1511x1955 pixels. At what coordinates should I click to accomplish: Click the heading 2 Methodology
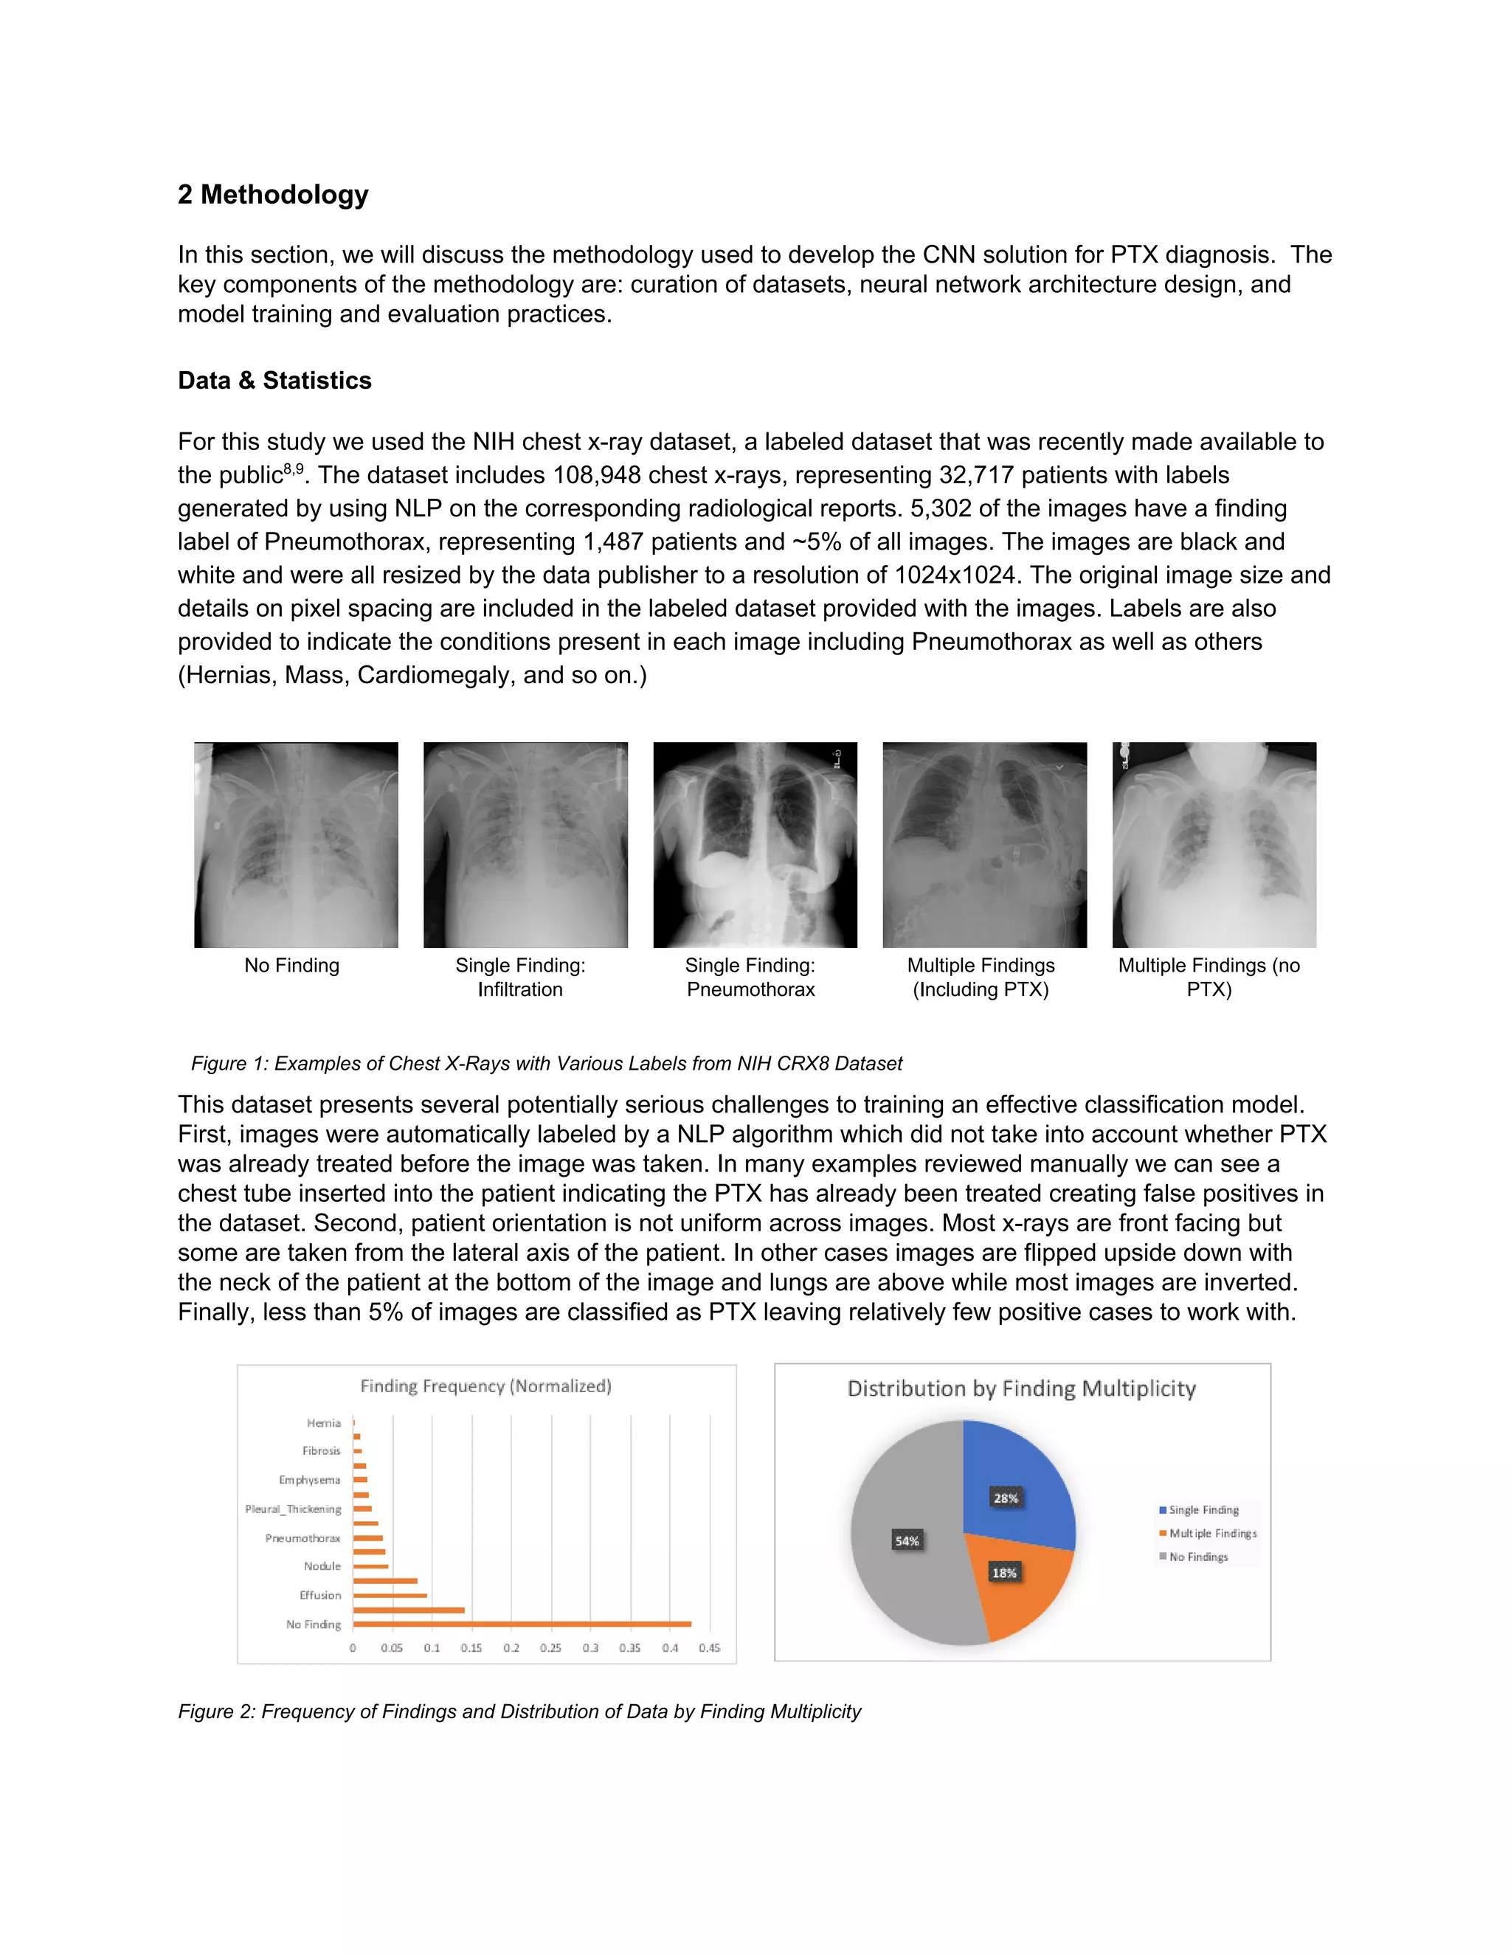273,194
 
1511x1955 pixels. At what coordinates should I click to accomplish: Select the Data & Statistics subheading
274,381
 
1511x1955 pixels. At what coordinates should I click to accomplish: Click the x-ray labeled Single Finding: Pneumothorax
755,844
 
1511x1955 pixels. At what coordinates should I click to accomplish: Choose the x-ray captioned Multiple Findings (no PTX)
1214,844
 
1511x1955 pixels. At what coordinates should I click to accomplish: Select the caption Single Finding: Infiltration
520,977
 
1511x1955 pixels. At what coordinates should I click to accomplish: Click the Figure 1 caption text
546,1063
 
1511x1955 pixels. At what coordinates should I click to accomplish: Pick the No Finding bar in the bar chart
522,1623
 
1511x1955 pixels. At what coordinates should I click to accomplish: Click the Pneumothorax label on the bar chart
302,1538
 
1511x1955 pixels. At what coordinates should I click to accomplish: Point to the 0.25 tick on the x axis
550,1648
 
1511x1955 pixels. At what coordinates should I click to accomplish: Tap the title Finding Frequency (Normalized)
485,1385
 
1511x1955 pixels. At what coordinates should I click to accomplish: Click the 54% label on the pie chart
907,1540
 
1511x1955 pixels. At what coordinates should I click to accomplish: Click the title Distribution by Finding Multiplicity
1021,1388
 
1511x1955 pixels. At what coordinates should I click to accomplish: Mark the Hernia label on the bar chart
323,1423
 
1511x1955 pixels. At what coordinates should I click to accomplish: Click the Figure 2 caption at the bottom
519,1712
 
